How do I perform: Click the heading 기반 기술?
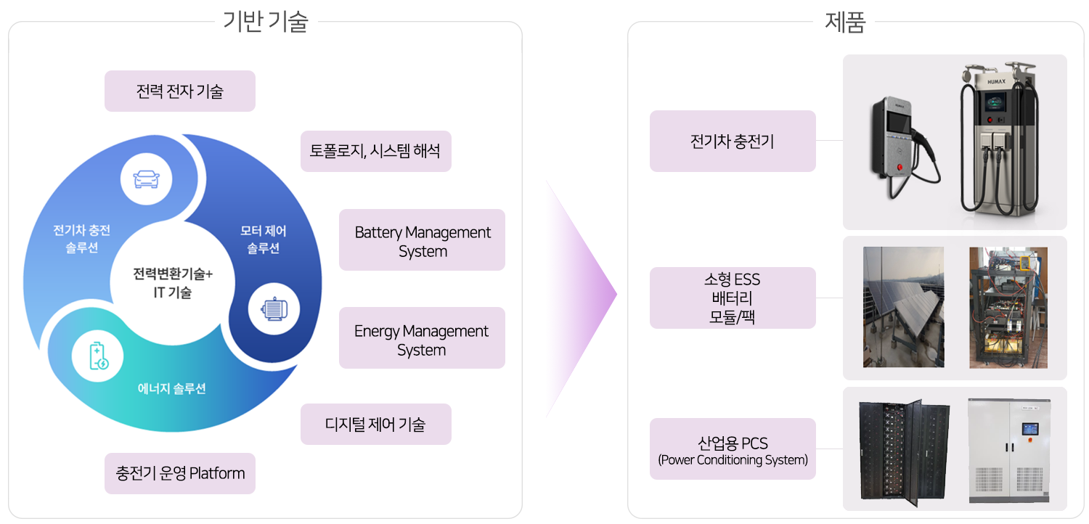pyautogui.click(x=266, y=21)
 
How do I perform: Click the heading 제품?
pyautogui.click(x=845, y=22)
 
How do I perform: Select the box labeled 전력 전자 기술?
pyautogui.click(x=180, y=91)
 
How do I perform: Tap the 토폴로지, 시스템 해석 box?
pyautogui.click(x=376, y=151)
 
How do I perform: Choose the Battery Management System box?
pyautogui.click(x=422, y=240)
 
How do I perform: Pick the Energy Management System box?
pyautogui.click(x=422, y=337)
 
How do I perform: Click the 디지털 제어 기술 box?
pyautogui.click(x=376, y=425)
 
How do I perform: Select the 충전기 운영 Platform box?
pyautogui.click(x=180, y=473)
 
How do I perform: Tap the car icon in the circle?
pyautogui.click(x=147, y=179)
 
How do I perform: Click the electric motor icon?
pyautogui.click(x=274, y=309)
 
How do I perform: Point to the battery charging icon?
pyautogui.click(x=98, y=356)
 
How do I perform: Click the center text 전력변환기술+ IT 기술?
pyautogui.click(x=173, y=283)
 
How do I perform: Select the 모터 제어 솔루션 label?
pyautogui.click(x=264, y=240)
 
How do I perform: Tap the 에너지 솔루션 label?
pyautogui.click(x=171, y=388)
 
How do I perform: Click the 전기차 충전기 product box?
pyautogui.click(x=733, y=141)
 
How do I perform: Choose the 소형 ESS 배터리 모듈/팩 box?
pyautogui.click(x=733, y=298)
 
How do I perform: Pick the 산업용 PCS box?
pyautogui.click(x=733, y=449)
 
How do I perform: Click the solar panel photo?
pyautogui.click(x=904, y=307)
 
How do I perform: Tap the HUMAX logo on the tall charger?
pyautogui.click(x=996, y=82)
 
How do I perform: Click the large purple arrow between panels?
pyautogui.click(x=581, y=294)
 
